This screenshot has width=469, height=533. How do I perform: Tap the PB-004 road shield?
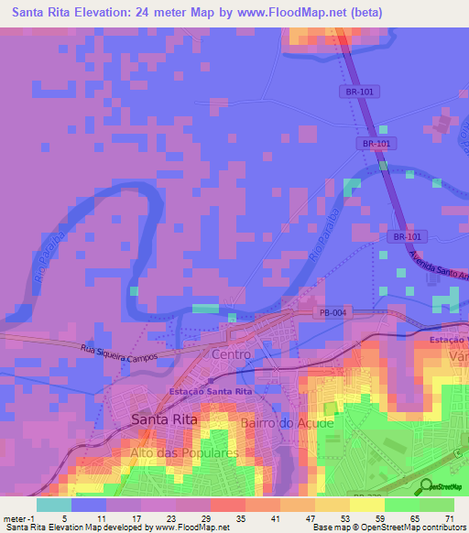pos(333,312)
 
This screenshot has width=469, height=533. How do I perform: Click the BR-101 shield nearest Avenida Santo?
pos(404,235)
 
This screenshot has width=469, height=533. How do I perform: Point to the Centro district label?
pos(230,354)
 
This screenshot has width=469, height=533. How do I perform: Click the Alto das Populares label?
pos(185,452)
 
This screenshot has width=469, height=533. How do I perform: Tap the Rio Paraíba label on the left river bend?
pos(44,266)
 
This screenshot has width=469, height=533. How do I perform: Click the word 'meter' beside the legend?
pos(15,517)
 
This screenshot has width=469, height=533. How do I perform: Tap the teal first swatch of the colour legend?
pos(54,505)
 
